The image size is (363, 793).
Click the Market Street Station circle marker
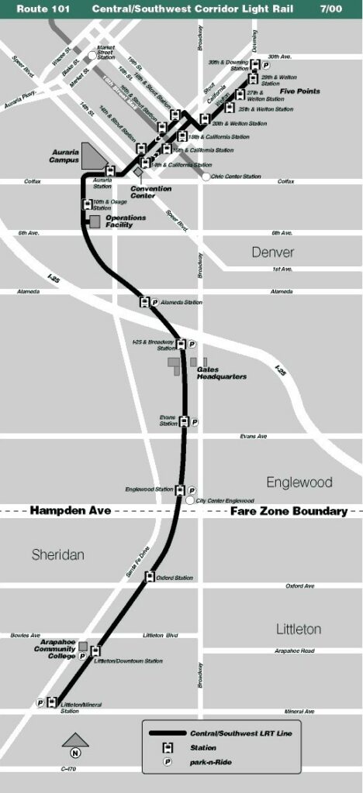coord(92,55)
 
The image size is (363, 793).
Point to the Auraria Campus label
coord(66,156)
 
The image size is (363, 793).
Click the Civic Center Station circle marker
coord(206,177)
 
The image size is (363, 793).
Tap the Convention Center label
coord(150,192)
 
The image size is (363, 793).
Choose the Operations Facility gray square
coord(94,221)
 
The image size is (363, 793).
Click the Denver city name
coord(272,252)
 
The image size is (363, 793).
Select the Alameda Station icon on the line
coord(143,302)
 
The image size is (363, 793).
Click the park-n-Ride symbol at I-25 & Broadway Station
coord(193,344)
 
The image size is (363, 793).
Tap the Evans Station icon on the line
coord(184,422)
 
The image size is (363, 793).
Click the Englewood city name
coord(299,482)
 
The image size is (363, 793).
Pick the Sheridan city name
coord(57,554)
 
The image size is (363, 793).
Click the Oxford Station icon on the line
coord(150,577)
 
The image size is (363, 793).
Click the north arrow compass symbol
coord(75,747)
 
